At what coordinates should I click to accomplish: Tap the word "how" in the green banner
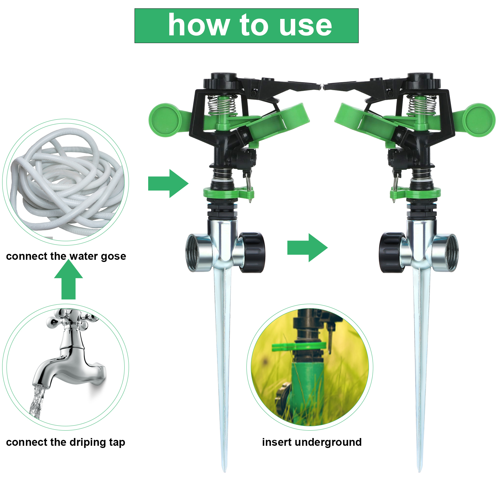point(199,25)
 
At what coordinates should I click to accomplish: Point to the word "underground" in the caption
point(328,442)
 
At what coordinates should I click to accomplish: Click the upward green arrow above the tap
point(69,280)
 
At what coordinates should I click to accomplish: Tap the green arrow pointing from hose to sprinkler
point(168,184)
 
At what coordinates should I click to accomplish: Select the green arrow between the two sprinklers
point(308,248)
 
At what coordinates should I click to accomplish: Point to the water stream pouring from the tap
point(37,401)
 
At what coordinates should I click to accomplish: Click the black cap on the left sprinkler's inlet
point(252,252)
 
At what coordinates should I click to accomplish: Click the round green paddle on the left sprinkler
point(165,120)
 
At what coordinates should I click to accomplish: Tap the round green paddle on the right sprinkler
point(479,120)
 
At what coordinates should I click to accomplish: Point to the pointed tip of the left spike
point(225,472)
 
